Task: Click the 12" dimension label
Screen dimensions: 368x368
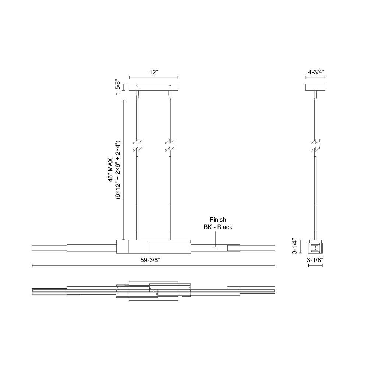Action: pos(153,72)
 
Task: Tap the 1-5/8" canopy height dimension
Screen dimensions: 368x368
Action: pos(118,87)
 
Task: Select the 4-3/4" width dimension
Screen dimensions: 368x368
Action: pos(316,72)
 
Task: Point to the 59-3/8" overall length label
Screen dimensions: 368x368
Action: pos(150,260)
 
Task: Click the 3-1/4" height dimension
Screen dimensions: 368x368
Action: pos(294,247)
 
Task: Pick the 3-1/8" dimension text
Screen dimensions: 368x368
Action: pos(315,260)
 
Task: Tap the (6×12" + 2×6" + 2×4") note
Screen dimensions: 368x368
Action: pos(118,170)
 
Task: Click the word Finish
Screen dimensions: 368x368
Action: pos(218,220)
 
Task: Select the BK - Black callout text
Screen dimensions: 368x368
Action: pos(218,227)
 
